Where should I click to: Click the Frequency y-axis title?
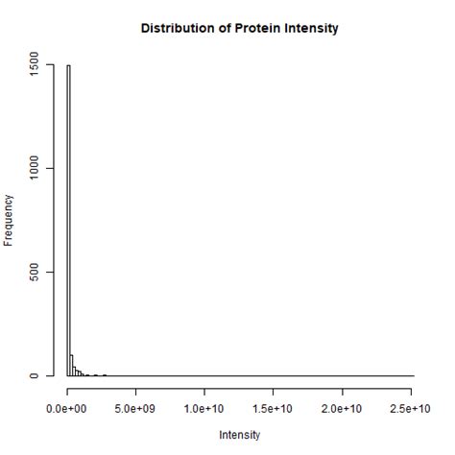(11, 221)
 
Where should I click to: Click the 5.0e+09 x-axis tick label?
(136, 409)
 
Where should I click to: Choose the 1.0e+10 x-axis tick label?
(205, 409)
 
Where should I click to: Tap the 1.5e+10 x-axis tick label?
(275, 409)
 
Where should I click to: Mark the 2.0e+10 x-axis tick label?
(344, 409)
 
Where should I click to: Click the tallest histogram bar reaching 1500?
(69, 221)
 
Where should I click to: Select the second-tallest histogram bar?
(72, 366)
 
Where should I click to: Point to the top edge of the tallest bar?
(69, 66)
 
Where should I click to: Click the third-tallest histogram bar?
(75, 371)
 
